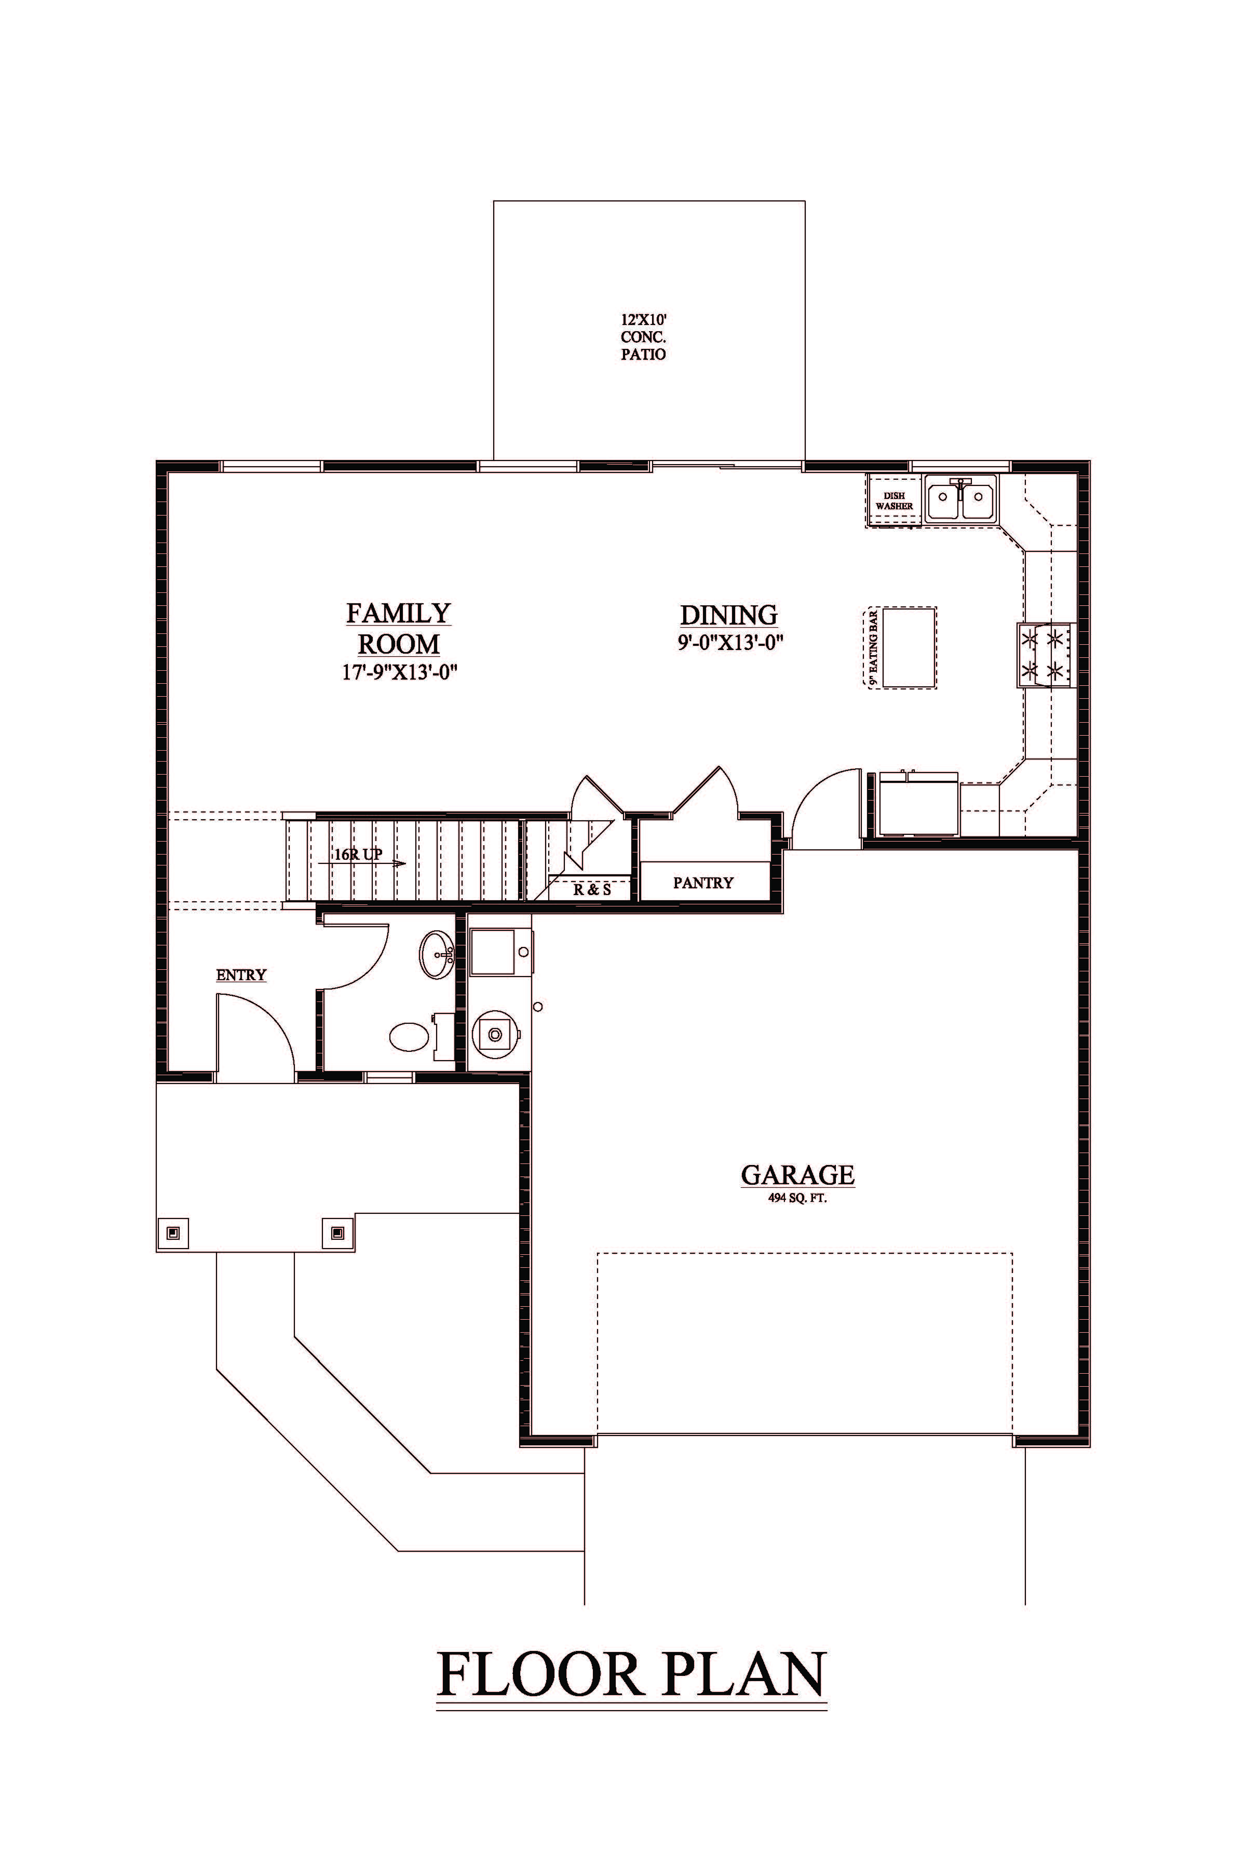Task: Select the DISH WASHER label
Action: pyautogui.click(x=894, y=500)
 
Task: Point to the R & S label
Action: pyautogui.click(x=592, y=890)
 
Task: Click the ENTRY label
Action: pyautogui.click(x=241, y=975)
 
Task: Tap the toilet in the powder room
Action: pyautogui.click(x=421, y=1035)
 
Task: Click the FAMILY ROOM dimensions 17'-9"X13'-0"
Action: pyautogui.click(x=400, y=671)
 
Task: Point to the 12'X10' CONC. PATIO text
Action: pyautogui.click(x=643, y=337)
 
